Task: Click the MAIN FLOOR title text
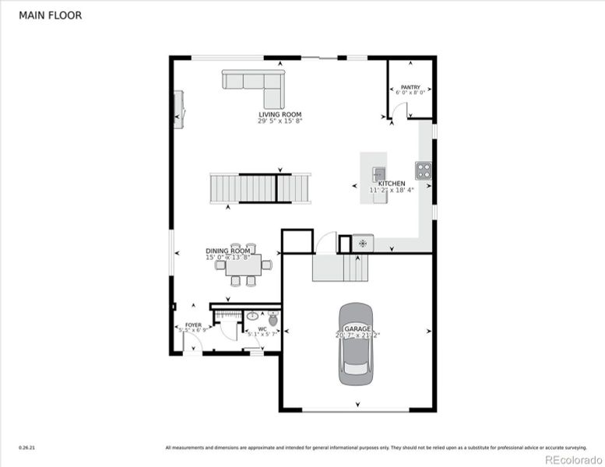pos(50,15)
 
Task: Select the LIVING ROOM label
pos(280,114)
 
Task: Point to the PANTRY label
pos(410,87)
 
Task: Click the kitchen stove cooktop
pos(423,170)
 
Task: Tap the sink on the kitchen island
pos(379,174)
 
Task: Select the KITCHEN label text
pos(392,184)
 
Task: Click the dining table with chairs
pos(243,265)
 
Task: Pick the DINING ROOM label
pos(228,251)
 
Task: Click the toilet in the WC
pos(273,319)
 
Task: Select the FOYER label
pos(192,324)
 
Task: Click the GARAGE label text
pos(358,329)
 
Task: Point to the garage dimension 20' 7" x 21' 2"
pos(358,335)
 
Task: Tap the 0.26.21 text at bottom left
pos(27,448)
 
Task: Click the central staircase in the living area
pos(259,188)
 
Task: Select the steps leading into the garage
pos(339,268)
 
